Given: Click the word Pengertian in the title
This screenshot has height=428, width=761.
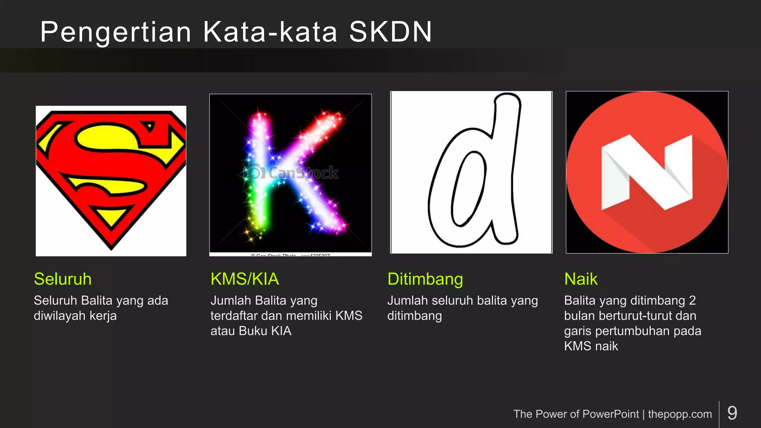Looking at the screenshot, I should [115, 32].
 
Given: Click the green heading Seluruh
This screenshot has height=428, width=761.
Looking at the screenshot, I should [62, 279].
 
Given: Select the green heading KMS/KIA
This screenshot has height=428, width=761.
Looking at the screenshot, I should [245, 279].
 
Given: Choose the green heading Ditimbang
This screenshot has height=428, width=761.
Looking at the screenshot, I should [425, 279].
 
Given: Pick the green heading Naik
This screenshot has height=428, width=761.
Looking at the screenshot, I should [581, 279].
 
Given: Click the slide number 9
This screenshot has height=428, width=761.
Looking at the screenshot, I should [732, 413].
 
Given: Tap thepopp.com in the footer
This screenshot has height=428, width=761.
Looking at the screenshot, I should [680, 414].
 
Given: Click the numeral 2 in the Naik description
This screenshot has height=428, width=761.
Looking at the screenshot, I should [692, 300].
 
